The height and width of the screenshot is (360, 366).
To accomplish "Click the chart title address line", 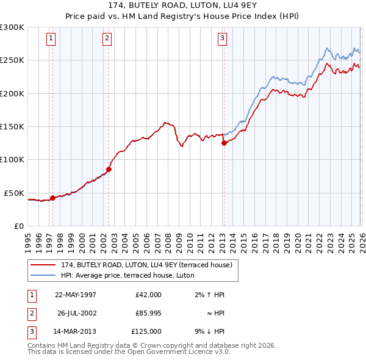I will [x=183, y=5].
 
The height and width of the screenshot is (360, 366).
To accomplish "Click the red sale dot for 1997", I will [x=52, y=198].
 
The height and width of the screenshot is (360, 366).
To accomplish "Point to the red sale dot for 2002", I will [x=109, y=169].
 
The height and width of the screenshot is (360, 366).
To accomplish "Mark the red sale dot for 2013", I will [x=224, y=143].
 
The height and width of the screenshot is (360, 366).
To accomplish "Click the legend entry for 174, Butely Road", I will [x=146, y=265].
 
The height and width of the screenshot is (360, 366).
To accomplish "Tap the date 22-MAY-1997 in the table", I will [x=76, y=295].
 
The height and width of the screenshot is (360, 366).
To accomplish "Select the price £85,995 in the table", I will [x=148, y=313].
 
